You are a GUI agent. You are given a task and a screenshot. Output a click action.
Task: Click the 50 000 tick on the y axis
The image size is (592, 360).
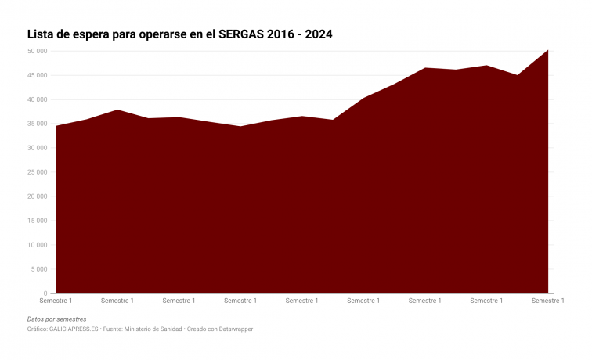click(36, 52)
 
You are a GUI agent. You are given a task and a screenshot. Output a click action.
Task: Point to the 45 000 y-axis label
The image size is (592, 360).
click(36, 76)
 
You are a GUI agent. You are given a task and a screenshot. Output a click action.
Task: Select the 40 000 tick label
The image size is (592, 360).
click(36, 100)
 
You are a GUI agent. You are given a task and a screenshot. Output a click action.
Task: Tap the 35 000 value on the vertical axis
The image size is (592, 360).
click(36, 124)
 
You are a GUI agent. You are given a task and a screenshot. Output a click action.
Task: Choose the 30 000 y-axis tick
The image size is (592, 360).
click(36, 149)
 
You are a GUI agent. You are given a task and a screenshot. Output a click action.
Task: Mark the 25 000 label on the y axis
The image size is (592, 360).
click(36, 173)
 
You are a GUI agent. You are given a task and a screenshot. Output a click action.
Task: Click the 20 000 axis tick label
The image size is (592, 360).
click(36, 197)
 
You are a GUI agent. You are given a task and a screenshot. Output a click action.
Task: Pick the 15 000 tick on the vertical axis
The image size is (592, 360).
click(36, 221)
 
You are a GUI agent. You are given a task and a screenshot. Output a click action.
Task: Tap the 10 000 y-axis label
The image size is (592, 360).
click(36, 246)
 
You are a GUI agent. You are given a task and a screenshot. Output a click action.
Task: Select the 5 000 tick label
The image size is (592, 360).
click(38, 270)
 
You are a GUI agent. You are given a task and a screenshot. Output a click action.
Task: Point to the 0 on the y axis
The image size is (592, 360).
click(45, 294)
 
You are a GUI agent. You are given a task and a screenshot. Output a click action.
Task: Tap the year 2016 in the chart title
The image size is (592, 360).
click(282, 35)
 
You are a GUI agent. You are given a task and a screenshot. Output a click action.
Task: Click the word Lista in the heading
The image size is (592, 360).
click(42, 35)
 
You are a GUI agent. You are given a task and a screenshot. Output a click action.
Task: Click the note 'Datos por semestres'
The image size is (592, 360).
click(56, 319)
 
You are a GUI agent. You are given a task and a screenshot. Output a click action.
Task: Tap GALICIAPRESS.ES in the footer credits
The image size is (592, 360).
click(73, 329)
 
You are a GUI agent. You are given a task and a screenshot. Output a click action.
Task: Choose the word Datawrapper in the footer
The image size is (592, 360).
click(233, 329)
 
